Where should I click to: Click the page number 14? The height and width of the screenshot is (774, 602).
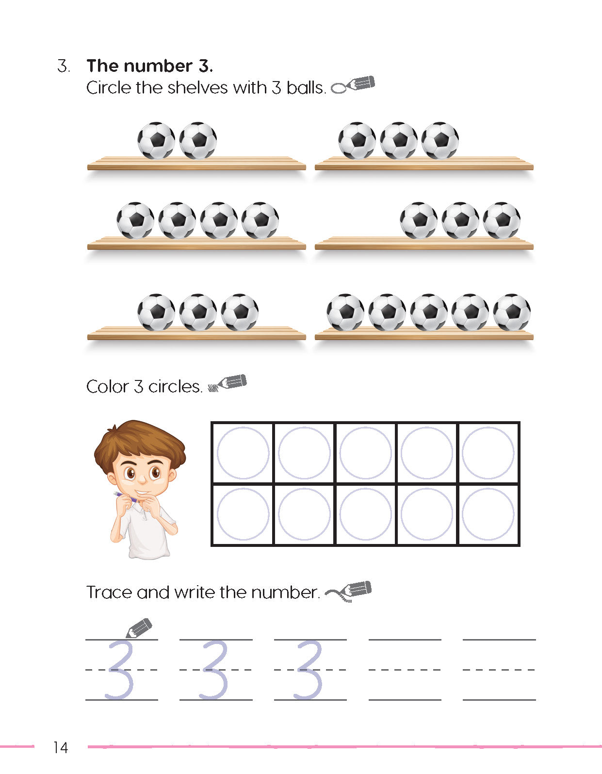coord(61,747)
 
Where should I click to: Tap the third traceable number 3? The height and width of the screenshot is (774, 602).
coord(309,670)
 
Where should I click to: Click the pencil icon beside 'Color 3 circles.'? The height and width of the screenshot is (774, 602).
coord(228,383)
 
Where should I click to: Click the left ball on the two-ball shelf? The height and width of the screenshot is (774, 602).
coord(156,140)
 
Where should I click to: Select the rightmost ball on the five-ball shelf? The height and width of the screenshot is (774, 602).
coord(512,312)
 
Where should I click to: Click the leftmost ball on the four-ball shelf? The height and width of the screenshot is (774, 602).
coord(135,220)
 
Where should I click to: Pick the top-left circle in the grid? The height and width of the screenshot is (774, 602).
coord(243,453)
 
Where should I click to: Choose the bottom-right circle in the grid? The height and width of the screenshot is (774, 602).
coord(488,514)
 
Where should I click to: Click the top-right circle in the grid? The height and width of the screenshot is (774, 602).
coord(488,453)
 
